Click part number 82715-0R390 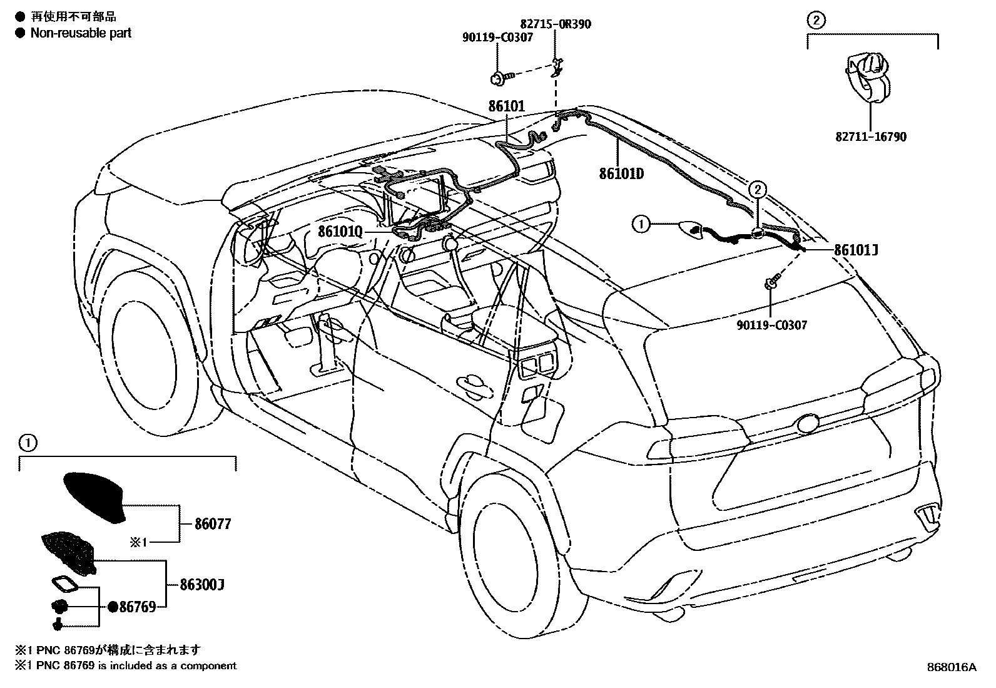[x=554, y=24]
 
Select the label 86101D [x=621, y=173]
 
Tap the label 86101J [x=856, y=250]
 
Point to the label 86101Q [x=340, y=232]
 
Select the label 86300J [x=201, y=585]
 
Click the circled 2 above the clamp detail [x=815, y=20]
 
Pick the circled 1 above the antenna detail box [x=28, y=444]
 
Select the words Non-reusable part [x=81, y=33]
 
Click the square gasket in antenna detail [x=64, y=584]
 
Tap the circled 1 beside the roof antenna [x=641, y=223]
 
